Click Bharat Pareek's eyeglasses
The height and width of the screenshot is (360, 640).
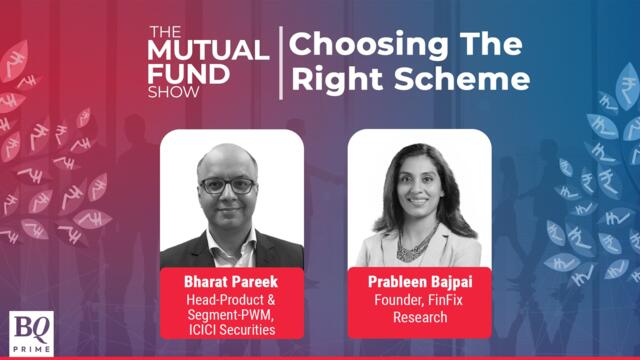tap(226, 185)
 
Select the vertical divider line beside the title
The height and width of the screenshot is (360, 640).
tap(282, 62)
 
